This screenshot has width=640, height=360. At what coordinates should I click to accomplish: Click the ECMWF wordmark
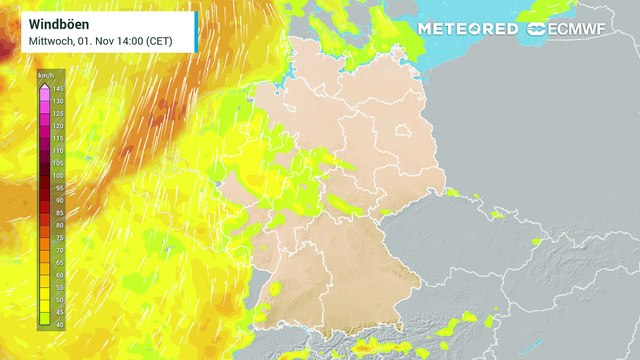pos(583,29)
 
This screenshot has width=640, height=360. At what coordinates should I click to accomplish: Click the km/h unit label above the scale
pos(45,76)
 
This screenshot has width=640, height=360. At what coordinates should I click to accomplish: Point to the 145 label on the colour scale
pos(57,90)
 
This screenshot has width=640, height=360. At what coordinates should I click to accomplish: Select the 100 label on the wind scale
pos(57,175)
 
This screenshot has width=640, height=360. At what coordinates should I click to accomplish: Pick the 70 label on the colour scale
pos(57,249)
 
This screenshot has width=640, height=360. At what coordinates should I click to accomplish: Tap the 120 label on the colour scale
pos(57,126)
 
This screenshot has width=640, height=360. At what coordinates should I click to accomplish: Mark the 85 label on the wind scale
pos(57,212)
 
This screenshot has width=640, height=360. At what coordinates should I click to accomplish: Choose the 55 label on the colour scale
pos(57,286)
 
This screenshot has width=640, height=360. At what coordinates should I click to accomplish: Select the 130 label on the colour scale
pos(57,102)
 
